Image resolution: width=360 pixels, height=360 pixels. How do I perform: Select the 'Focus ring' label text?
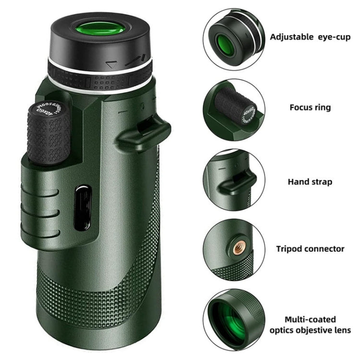click(310, 107)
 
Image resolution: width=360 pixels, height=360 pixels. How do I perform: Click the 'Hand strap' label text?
click(310, 182)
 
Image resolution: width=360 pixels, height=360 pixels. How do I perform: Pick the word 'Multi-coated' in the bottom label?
click(310, 319)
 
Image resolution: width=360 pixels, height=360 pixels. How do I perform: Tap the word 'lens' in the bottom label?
click(344, 330)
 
